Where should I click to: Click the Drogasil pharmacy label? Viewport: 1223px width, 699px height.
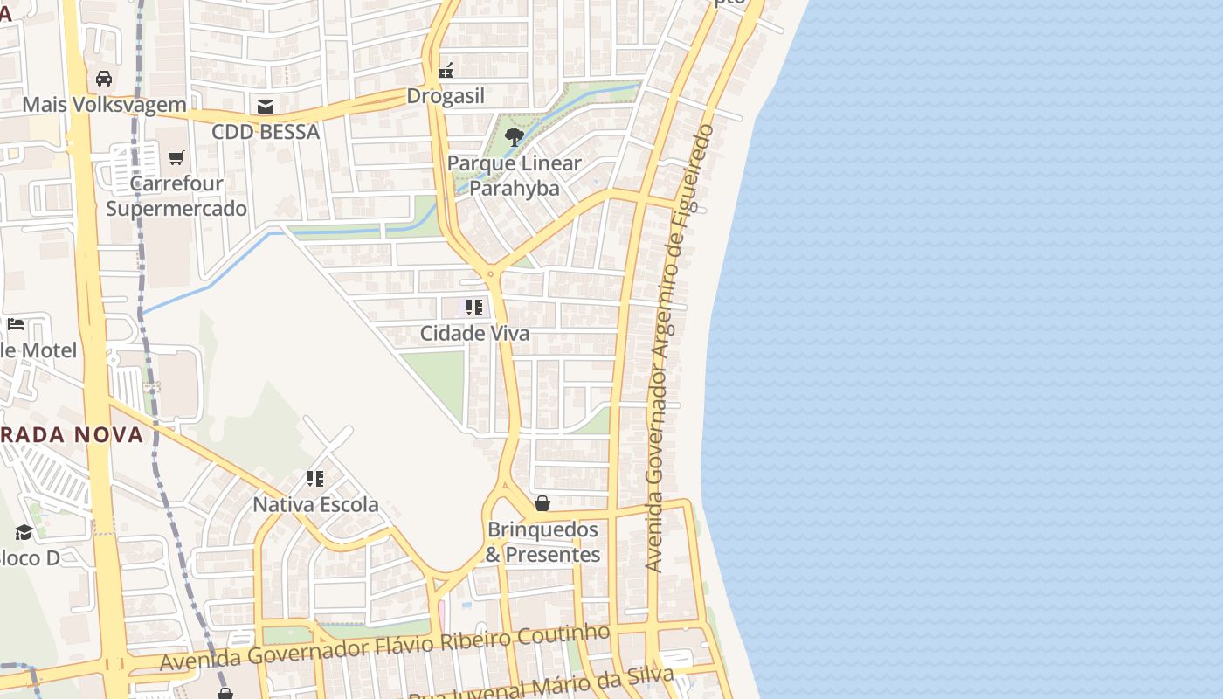446,96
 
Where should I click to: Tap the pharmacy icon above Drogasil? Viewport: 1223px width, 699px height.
446,70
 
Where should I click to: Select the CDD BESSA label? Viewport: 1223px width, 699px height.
266,132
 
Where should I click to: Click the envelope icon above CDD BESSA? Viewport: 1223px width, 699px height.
266,107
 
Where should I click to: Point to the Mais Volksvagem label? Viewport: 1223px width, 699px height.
104,105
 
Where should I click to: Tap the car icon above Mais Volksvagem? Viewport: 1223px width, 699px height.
104,79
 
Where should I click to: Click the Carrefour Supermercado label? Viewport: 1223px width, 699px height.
176,197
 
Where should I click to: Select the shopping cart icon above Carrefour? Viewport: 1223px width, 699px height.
176,157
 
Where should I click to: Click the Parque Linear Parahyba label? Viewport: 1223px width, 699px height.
515,176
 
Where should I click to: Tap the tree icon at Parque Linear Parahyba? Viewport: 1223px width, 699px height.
515,136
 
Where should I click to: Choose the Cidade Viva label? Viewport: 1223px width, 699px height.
474,333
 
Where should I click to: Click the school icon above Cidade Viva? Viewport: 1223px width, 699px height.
473,308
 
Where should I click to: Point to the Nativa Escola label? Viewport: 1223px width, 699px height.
315,504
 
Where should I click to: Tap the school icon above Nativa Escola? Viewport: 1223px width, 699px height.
315,479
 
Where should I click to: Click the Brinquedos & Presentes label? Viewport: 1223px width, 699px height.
542,542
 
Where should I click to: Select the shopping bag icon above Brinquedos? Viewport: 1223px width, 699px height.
542,503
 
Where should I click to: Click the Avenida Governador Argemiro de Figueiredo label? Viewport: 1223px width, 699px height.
680,349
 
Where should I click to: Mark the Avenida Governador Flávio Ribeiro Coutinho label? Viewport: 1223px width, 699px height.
384,648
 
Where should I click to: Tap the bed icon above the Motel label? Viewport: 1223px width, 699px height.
16,324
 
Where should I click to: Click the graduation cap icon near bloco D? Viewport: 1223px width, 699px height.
24,532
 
